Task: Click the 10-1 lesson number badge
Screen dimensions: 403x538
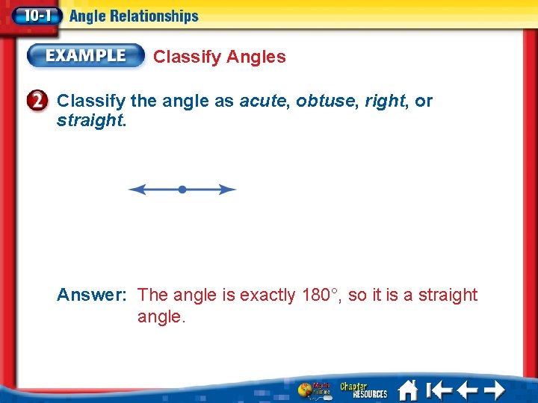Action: pos(32,15)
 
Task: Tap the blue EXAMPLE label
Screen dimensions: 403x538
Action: pos(86,55)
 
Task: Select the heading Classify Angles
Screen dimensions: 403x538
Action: pos(219,57)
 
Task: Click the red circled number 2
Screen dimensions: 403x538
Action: pos(40,101)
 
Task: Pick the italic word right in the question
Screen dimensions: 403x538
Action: pos(384,101)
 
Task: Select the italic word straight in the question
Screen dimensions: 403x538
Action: pos(90,120)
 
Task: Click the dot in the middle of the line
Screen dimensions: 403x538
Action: pos(182,190)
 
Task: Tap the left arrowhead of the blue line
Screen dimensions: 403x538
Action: pos(134,190)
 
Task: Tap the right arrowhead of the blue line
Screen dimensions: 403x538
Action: pos(229,190)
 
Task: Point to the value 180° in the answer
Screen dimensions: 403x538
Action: pos(322,295)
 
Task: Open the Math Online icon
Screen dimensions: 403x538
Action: pos(314,390)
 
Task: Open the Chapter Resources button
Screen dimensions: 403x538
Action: pos(364,390)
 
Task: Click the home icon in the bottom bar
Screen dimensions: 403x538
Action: pos(408,390)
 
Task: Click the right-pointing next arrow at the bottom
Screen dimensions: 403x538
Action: pos(494,390)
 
